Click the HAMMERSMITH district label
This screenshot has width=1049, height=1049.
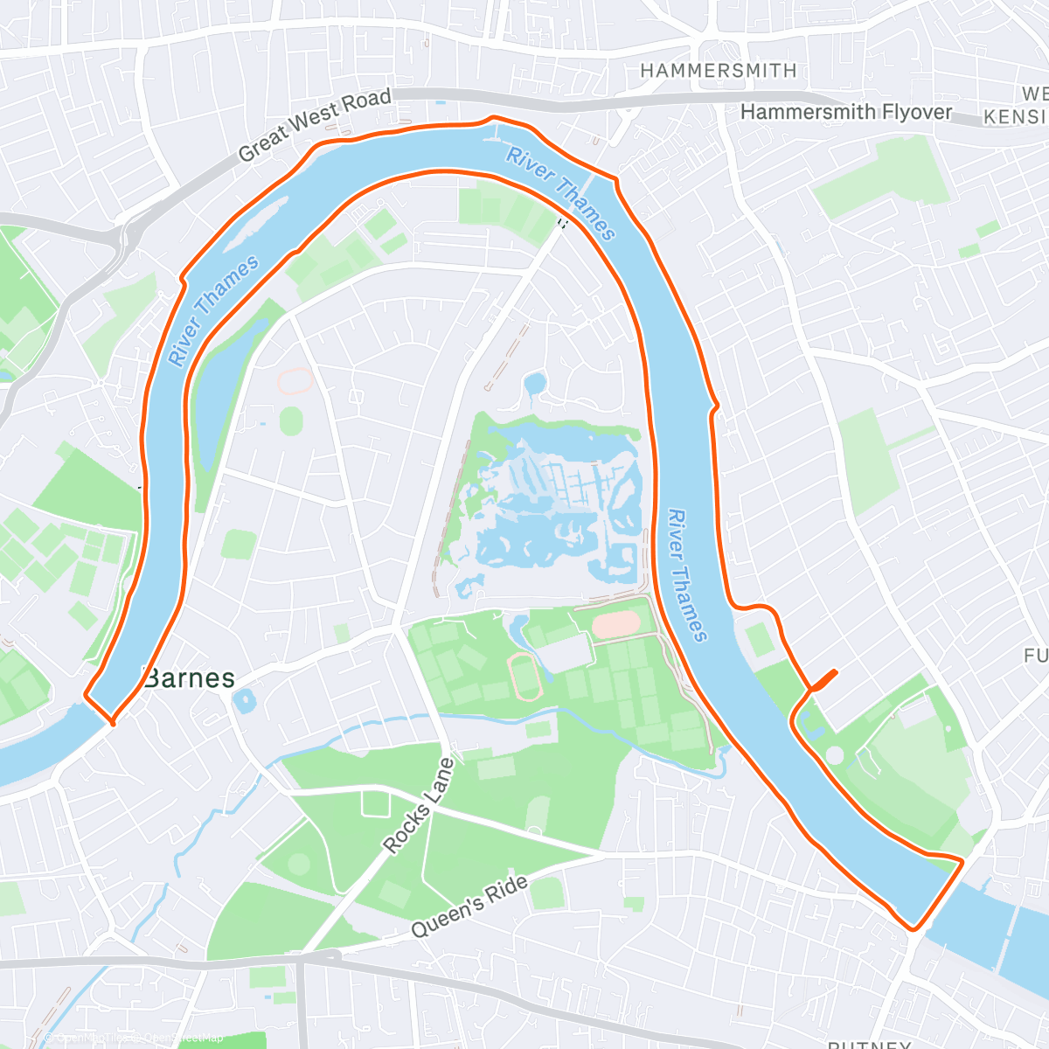(x=718, y=71)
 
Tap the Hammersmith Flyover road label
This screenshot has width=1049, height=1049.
(x=845, y=112)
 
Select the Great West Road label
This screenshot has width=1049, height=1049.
(x=315, y=125)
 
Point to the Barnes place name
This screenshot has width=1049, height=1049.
(x=189, y=678)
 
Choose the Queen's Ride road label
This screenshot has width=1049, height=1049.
(x=469, y=907)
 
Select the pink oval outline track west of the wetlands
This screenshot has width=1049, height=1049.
(x=295, y=381)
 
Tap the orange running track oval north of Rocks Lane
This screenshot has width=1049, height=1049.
(x=525, y=677)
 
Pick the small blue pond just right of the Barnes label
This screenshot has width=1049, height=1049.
(x=244, y=700)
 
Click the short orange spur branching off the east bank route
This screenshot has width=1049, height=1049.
(x=824, y=680)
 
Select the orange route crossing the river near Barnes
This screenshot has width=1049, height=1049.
(x=98, y=709)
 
